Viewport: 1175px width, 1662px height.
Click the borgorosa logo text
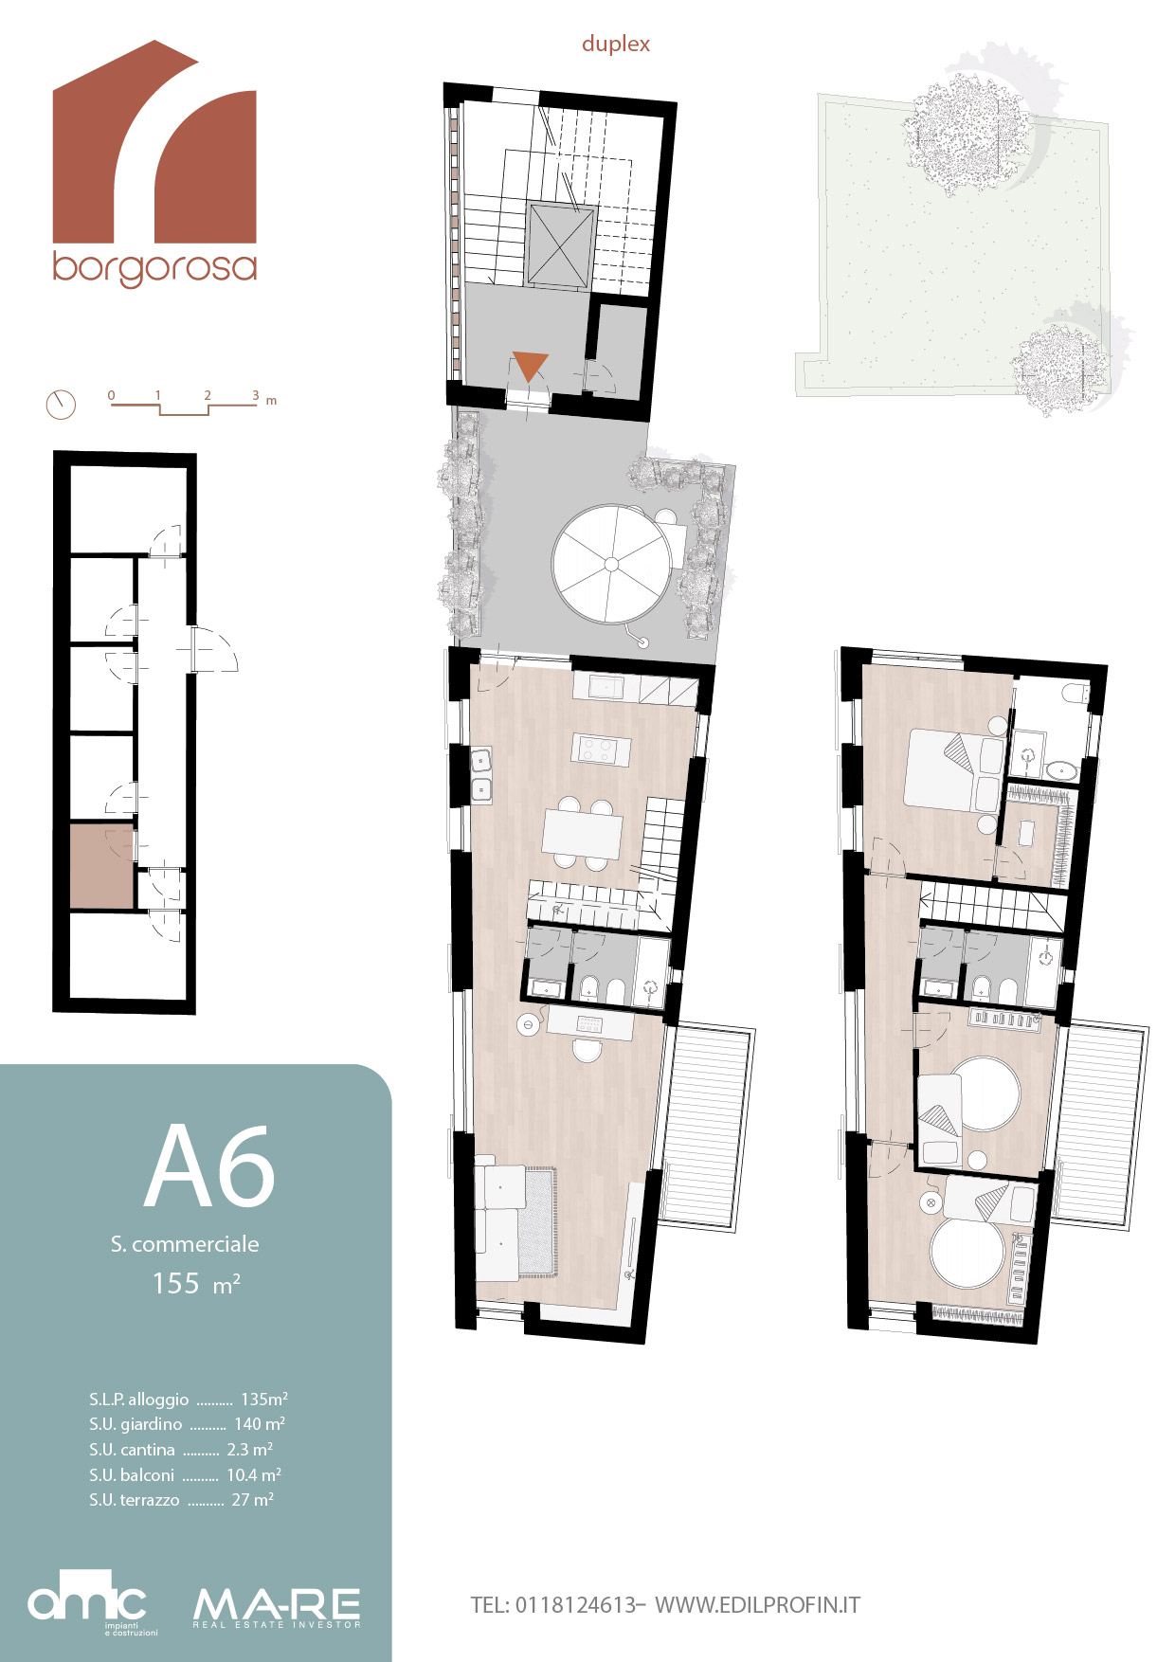154,268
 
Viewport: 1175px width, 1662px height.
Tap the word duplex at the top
616,45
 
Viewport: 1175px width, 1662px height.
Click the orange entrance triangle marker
530,366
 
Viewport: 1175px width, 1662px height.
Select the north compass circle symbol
61,405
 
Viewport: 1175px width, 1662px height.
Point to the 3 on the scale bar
256,396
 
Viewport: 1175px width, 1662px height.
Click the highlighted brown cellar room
101,866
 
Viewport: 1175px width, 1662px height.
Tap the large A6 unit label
209,1166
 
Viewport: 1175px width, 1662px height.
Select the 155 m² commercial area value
196,1284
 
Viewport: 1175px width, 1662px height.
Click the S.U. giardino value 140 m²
260,1423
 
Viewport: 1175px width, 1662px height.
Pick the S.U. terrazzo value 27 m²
252,1500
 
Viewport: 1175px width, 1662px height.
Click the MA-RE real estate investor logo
277,1608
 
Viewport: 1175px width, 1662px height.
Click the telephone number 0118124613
576,1605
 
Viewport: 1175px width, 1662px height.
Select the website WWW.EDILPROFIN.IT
758,1605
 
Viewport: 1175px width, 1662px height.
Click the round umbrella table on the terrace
612,564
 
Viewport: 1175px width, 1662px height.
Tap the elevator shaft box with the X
561,244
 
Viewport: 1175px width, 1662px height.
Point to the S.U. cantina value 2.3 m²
250,1449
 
